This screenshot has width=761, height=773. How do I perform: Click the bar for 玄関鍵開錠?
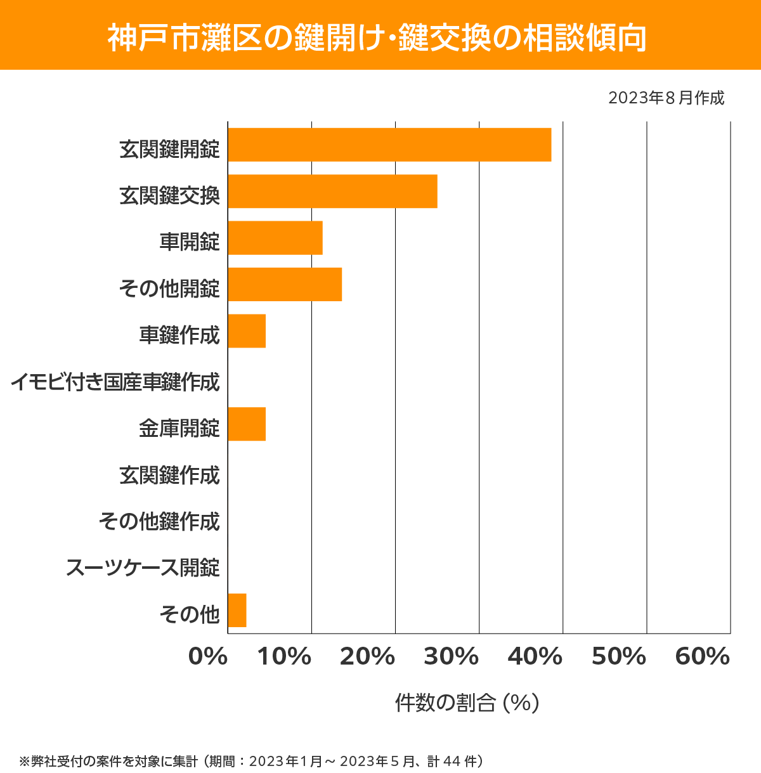point(389,145)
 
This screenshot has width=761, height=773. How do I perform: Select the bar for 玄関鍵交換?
point(332,191)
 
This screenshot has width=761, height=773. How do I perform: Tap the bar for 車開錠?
point(275,238)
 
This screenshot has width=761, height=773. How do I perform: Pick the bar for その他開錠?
point(285,284)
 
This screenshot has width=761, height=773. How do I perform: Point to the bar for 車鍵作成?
point(247,331)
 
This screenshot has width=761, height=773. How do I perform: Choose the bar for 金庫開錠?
point(247,424)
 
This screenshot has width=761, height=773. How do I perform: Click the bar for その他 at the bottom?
point(237,610)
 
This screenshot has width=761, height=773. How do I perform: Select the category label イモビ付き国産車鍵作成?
point(115,382)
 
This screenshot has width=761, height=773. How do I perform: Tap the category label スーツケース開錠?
point(143,568)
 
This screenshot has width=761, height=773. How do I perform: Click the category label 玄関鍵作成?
point(170,475)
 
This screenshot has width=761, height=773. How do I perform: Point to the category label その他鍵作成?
point(159,521)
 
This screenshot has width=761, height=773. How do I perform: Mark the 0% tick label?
point(208,657)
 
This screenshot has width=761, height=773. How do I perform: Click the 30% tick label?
point(451,657)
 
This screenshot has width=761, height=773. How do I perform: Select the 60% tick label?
point(703,657)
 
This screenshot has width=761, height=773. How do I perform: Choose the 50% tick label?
point(619,657)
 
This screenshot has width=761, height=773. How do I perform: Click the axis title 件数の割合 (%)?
point(467,703)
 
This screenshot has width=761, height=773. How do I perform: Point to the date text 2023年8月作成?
point(666,98)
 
